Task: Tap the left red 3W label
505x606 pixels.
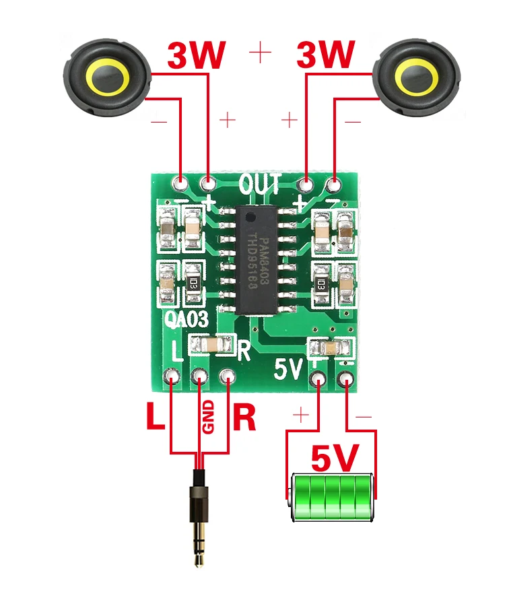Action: coord(196,55)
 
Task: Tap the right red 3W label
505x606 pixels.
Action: coord(326,55)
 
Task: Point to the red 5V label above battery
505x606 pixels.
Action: coord(334,459)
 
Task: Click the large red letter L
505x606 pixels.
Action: coord(155,417)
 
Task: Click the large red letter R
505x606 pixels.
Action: coord(244,417)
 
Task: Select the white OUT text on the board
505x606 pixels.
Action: coord(259,183)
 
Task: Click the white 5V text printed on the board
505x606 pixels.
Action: coord(290,369)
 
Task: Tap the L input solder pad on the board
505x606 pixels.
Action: coord(173,377)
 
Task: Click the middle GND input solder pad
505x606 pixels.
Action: coord(200,377)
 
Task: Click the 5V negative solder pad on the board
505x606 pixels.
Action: coord(347,378)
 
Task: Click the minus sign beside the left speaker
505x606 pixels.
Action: coord(159,121)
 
